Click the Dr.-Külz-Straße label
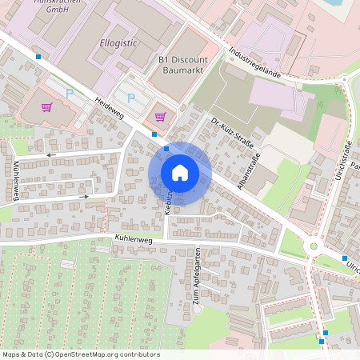pyautogui.click(x=231, y=134)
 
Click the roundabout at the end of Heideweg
pyautogui.click(x=314, y=246)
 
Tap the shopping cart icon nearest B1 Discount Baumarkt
pyautogui.click(x=160, y=117)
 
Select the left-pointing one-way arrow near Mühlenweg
pyautogui.click(x=51, y=154)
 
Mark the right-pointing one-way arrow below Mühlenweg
pyautogui.click(x=83, y=196)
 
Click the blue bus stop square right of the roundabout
pyautogui.click(x=345, y=258)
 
